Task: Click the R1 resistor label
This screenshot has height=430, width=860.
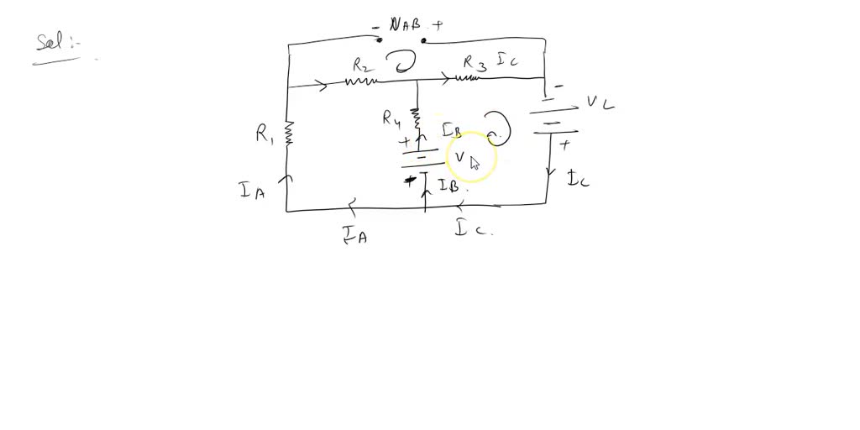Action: point(265,134)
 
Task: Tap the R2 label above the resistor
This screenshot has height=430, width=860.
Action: point(363,64)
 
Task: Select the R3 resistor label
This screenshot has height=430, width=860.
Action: point(475,62)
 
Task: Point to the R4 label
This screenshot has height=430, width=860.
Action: point(391,118)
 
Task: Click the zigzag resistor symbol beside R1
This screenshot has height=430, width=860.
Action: point(288,133)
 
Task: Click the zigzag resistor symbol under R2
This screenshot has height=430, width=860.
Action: point(361,81)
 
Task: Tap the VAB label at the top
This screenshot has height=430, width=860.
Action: point(406,25)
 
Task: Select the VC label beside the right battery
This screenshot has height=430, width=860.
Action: point(600,103)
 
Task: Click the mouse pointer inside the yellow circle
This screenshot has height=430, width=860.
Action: point(475,162)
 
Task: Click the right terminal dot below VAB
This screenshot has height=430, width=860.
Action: point(424,39)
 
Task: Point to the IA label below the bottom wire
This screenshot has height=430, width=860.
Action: point(355,235)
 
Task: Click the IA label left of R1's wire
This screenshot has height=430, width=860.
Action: point(252,191)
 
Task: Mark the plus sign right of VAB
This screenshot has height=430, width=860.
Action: point(438,26)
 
